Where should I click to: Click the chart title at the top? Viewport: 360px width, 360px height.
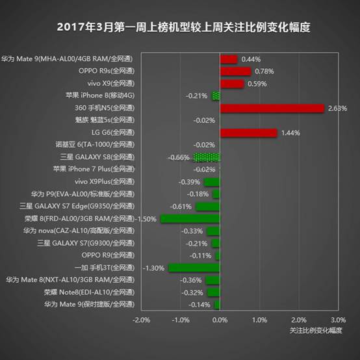[183, 27]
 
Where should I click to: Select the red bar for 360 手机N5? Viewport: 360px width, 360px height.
[272, 108]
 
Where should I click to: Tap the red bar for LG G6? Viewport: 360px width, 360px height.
[248, 133]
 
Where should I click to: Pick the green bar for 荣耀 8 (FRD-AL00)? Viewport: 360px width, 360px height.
[190, 218]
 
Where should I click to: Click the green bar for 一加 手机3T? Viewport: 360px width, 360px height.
[194, 268]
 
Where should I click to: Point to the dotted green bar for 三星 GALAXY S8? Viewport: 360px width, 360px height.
[207, 157]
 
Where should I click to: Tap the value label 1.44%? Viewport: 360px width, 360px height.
[290, 133]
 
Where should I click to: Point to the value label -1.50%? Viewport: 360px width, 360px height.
[148, 219]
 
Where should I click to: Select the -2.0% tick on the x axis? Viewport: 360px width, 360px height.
[141, 320]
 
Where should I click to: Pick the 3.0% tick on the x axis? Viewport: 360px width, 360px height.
[338, 320]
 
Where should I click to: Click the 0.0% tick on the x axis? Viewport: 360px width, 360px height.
[220, 320]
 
